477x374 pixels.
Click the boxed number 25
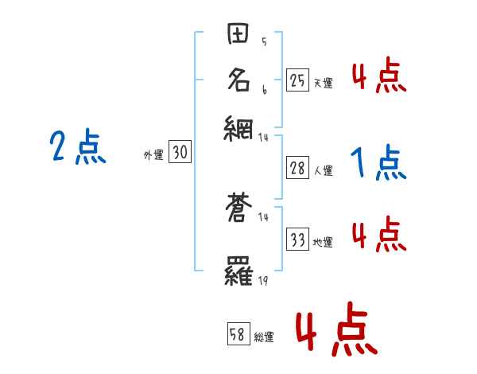click(x=297, y=80)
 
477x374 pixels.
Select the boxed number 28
click(x=297, y=169)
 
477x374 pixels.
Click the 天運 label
click(x=323, y=82)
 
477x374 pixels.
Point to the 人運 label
click(x=323, y=170)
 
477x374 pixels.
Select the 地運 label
click(x=323, y=242)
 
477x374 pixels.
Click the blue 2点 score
click(x=78, y=147)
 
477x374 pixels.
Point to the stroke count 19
click(x=262, y=281)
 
